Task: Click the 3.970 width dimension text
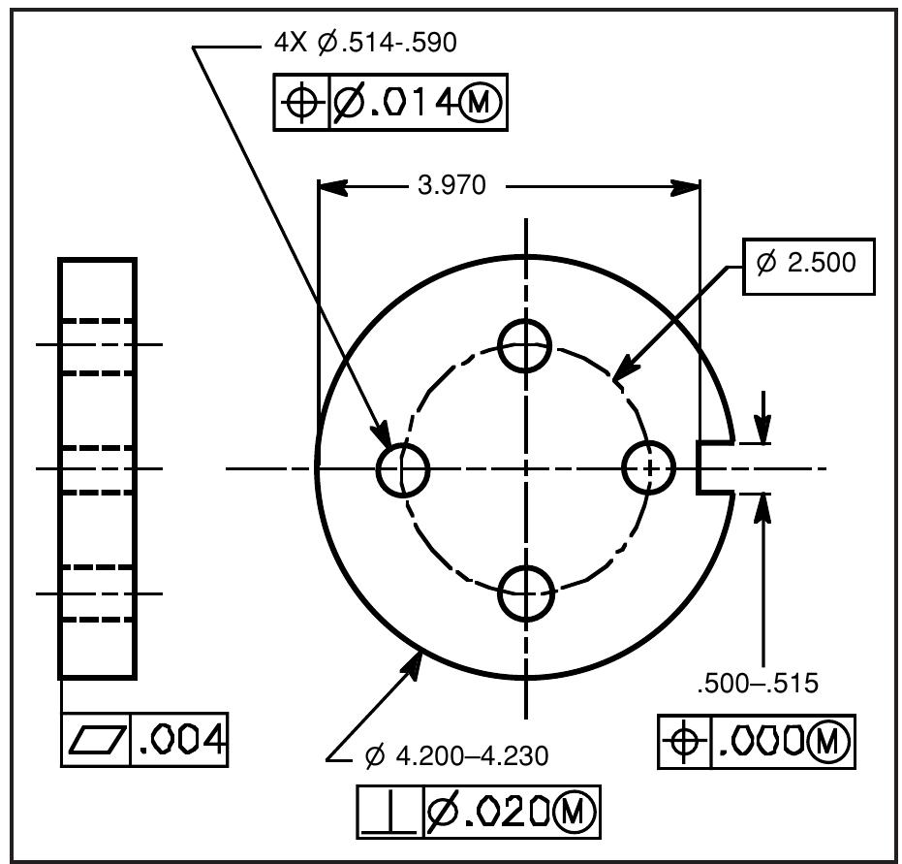click(x=451, y=186)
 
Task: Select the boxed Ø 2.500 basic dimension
click(x=808, y=263)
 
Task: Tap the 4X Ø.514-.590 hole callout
click(x=365, y=44)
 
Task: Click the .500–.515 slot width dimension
click(x=757, y=684)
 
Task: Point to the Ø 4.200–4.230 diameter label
click(x=456, y=756)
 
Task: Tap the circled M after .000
click(x=828, y=743)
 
